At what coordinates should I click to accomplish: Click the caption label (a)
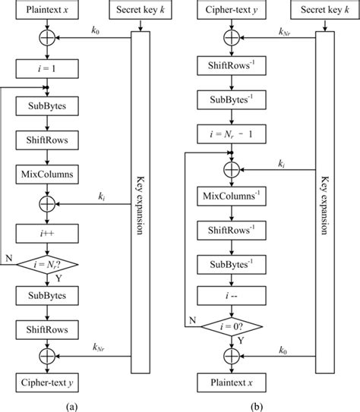(70, 404)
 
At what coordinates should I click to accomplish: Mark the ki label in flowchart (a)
(102, 197)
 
